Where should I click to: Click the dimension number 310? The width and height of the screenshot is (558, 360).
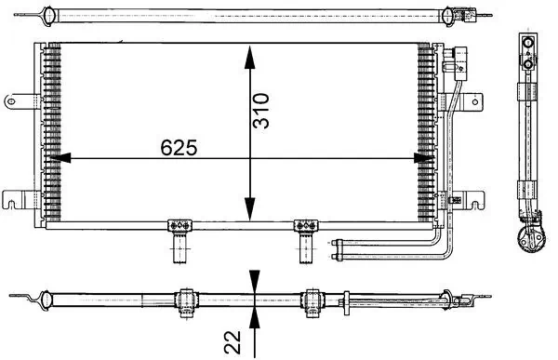263,109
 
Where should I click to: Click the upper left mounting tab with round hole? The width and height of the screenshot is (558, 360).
16,98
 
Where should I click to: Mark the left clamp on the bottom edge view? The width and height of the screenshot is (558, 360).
185,298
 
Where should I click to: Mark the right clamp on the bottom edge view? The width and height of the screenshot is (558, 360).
312,299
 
